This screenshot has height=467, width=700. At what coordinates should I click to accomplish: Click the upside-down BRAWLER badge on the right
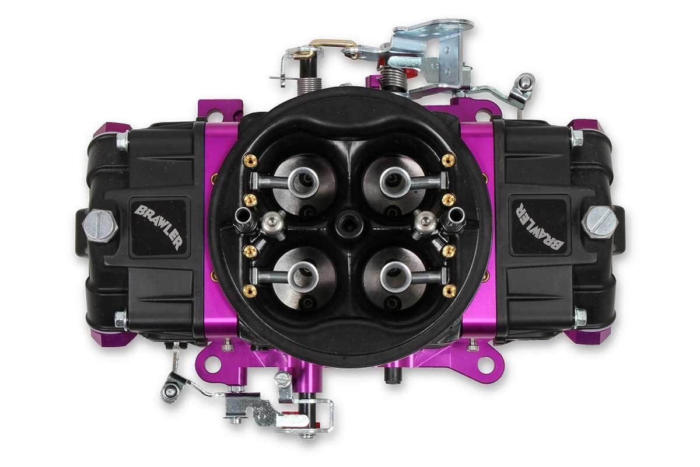point(539,226)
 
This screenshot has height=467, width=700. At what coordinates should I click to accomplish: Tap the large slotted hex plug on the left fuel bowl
point(100,225)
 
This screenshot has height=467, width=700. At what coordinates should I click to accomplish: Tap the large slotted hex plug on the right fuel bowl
point(600,222)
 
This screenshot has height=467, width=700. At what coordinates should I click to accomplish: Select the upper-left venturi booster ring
point(303,183)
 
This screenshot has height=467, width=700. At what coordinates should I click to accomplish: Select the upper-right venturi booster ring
point(395,182)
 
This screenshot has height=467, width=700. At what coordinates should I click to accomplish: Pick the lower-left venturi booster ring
point(303,277)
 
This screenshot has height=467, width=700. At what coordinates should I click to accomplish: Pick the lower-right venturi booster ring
point(395,277)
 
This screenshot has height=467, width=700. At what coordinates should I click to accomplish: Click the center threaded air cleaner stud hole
point(349,223)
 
